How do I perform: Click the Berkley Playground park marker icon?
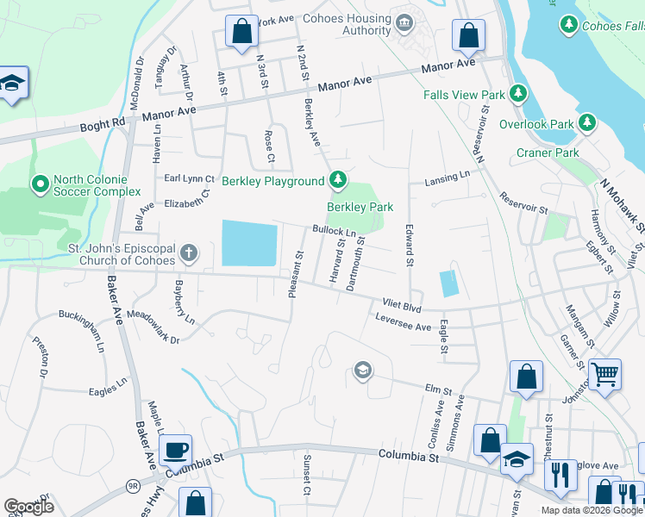[339, 180]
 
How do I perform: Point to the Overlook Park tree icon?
[587, 123]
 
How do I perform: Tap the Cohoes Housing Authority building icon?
[404, 20]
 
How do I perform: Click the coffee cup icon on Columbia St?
[175, 449]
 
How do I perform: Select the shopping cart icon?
[605, 375]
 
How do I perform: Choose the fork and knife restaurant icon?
[560, 474]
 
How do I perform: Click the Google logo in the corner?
[28, 507]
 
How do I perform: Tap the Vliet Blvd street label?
[401, 304]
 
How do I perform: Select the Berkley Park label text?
[360, 207]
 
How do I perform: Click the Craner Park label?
[547, 153]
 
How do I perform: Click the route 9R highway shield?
[132, 486]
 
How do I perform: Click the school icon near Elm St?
[363, 371]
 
